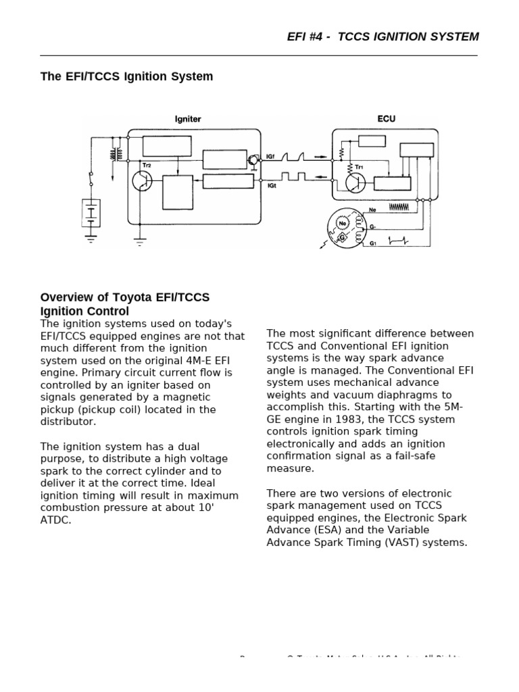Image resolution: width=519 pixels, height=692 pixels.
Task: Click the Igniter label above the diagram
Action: (188, 119)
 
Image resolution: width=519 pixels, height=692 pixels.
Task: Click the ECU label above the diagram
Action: (386, 119)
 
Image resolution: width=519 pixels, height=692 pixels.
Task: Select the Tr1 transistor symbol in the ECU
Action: (355, 180)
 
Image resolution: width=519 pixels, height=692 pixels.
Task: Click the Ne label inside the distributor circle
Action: (343, 222)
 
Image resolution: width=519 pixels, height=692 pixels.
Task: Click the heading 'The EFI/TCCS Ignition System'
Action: (126, 76)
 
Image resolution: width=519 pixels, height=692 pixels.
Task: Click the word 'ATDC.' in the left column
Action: (55, 520)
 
